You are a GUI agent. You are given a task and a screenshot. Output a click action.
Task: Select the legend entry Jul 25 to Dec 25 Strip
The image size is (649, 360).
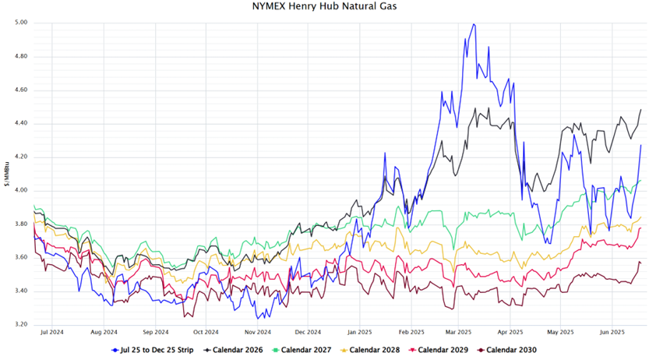click(159, 351)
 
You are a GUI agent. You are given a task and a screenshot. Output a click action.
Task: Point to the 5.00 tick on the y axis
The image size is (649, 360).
click(21, 23)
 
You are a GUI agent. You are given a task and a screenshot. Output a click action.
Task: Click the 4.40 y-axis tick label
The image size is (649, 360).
click(21, 123)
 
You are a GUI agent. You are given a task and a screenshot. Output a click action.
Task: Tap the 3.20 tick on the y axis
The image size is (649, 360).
click(21, 324)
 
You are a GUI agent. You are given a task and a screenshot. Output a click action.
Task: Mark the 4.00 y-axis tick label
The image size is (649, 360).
click(21, 190)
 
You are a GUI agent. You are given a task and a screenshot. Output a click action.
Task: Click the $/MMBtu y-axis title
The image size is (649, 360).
click(7, 173)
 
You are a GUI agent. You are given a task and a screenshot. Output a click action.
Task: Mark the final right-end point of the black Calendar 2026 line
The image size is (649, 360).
click(640, 110)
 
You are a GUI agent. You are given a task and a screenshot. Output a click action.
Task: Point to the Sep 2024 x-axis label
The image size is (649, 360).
click(156, 330)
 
